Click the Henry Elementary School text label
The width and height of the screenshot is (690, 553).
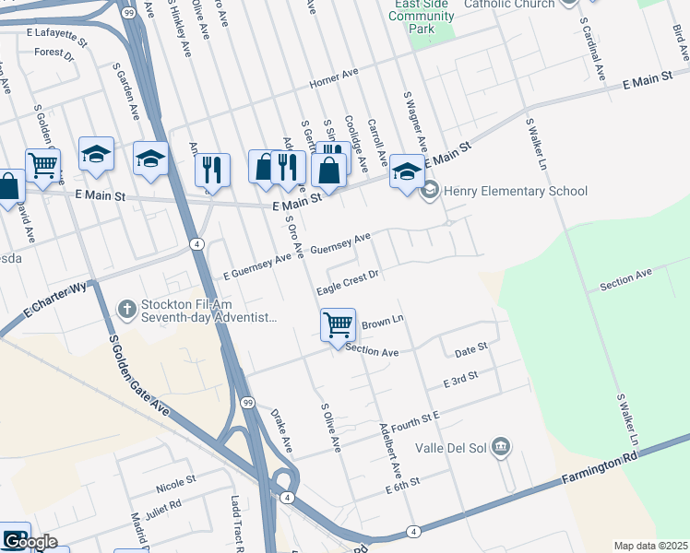point(515,192)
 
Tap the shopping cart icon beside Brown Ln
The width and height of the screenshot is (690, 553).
point(339,325)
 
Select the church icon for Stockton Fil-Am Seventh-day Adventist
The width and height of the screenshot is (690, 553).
point(127,309)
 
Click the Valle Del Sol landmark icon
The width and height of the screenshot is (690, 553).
point(501,448)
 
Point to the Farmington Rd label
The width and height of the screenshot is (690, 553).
point(600,469)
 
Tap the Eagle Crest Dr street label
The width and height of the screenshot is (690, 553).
point(348,282)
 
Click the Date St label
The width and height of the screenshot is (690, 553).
point(470,349)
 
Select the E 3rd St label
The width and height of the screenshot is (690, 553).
point(460,378)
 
